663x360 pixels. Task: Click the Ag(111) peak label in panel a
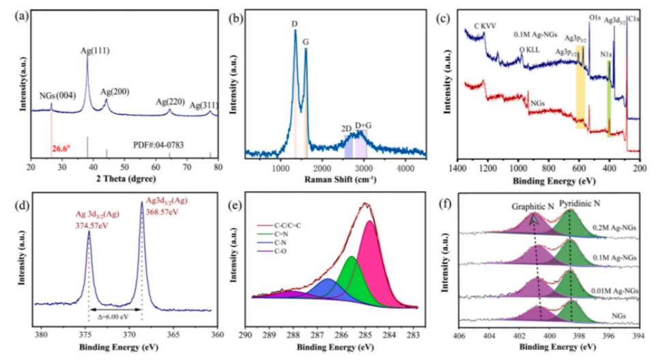point(96,51)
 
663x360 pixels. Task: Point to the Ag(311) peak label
point(203,105)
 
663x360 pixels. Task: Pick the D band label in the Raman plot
point(294,24)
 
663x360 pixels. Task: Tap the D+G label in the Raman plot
point(363,125)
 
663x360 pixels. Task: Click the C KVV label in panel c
point(485,26)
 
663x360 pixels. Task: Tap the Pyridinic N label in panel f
point(580,204)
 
